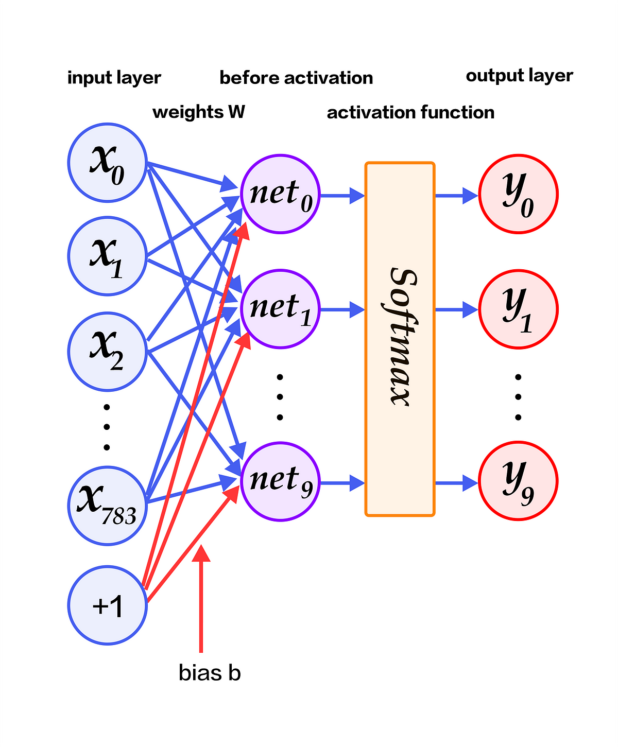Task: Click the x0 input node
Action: [107, 163]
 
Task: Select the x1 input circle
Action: [107, 256]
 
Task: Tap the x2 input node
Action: [107, 352]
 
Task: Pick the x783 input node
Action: [107, 505]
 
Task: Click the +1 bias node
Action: [107, 605]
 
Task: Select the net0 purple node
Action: [280, 194]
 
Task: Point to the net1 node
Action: [280, 309]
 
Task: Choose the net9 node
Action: [280, 481]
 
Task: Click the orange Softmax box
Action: [400, 339]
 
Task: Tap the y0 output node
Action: [518, 194]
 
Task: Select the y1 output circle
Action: [518, 309]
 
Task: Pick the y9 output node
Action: [518, 481]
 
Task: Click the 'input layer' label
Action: [114, 78]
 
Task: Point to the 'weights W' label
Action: [199, 112]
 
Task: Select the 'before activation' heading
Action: [296, 78]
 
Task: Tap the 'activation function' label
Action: [410, 113]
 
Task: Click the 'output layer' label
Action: [519, 76]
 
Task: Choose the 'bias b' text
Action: [210, 673]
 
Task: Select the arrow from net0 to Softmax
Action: [342, 196]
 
